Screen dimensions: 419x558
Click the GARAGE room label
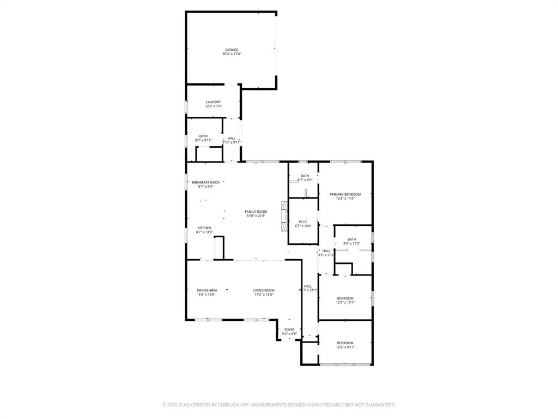[x=232, y=50]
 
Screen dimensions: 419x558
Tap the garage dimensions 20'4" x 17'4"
[x=232, y=54]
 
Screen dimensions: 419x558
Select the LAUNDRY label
[x=213, y=102]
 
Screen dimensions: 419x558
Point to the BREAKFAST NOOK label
[x=205, y=182]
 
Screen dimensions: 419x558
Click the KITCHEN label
[x=204, y=228]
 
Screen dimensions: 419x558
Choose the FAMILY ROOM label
[x=256, y=211]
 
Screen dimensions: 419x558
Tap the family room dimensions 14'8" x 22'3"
[x=256, y=216]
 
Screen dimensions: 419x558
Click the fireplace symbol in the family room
[x=283, y=216]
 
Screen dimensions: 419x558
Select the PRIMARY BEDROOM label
[x=345, y=194]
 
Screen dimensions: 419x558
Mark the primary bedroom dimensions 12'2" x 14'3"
[x=345, y=199]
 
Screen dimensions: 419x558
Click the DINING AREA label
[x=207, y=290]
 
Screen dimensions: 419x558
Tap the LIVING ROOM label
[x=264, y=290]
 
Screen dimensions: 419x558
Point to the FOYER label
[x=289, y=330]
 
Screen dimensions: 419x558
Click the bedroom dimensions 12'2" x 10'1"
[x=345, y=303]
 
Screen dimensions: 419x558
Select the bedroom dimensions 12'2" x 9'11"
[x=345, y=348]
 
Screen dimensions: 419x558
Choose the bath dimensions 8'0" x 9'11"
[x=203, y=141]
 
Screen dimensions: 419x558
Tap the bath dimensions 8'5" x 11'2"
[x=352, y=243]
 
